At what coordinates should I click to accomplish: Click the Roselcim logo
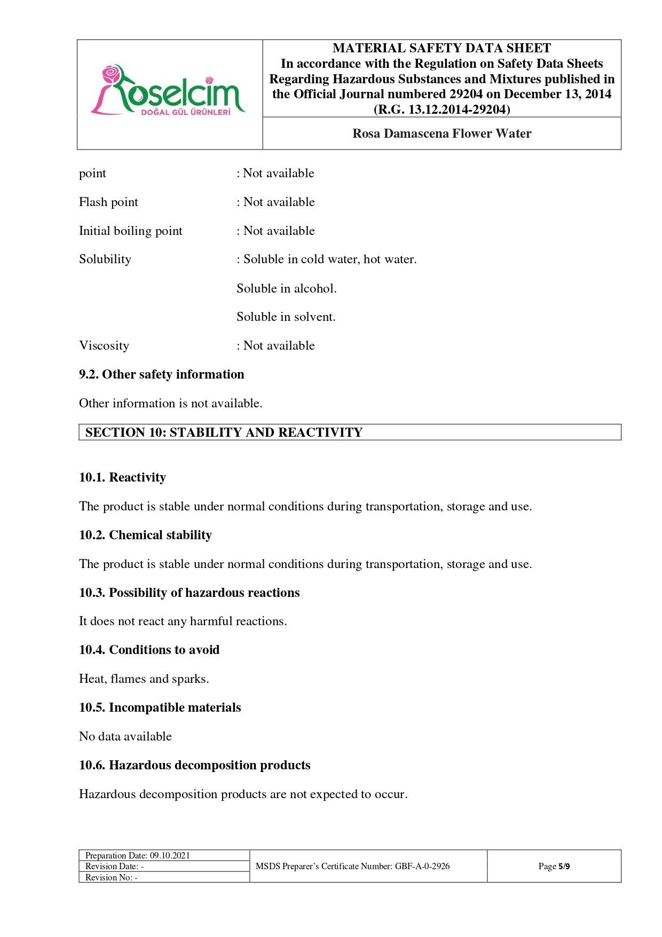point(168,91)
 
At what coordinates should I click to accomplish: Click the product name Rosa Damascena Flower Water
point(442,133)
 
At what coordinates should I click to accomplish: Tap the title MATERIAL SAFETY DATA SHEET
point(442,48)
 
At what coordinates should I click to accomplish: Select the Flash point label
point(108,202)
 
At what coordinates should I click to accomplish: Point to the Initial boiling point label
point(131,231)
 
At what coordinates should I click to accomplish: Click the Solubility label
point(105,259)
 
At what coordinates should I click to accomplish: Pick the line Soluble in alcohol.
point(287,288)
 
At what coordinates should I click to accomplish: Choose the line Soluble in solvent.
point(286,317)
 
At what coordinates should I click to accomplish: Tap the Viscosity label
point(104,345)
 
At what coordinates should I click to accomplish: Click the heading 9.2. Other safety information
point(162,374)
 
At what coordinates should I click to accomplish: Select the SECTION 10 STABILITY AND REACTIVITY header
point(224,432)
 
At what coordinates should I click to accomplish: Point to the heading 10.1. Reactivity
point(123,477)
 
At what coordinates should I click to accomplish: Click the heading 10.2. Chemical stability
point(146,535)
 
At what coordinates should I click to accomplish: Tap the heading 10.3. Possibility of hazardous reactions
point(190,593)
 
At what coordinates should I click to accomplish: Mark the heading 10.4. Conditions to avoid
point(149,650)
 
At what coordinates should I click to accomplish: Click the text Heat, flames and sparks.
point(144,679)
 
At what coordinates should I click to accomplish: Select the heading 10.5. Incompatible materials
point(160,707)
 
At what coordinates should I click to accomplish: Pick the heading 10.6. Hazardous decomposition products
point(195,765)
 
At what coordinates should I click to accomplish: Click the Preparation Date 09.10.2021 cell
point(138,855)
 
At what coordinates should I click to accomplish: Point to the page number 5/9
point(564,866)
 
